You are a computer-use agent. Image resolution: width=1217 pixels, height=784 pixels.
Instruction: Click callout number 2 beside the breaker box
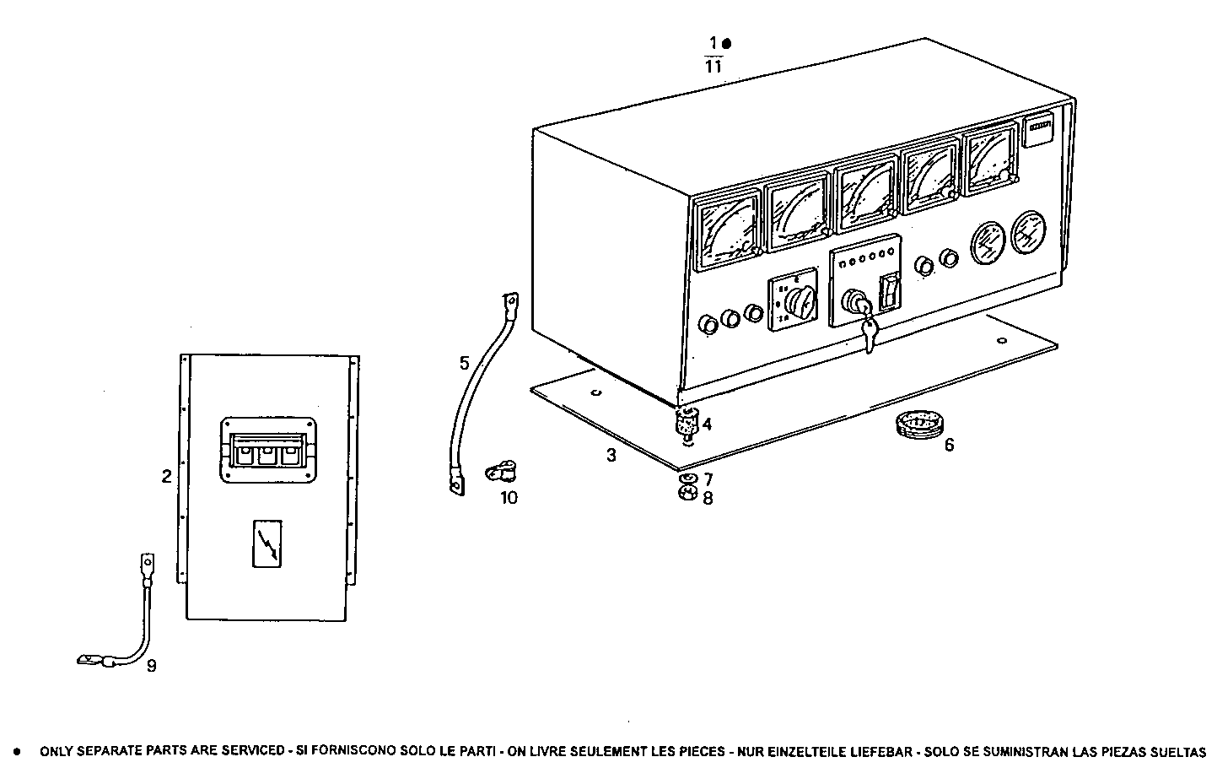point(167,477)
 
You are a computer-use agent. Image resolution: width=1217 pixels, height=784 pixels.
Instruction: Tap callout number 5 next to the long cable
point(464,364)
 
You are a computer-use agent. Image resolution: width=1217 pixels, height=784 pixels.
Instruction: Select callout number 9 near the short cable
point(151,666)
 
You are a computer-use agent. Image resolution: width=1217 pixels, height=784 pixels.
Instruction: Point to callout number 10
point(509,497)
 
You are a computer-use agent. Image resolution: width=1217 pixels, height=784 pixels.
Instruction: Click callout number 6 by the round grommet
point(949,445)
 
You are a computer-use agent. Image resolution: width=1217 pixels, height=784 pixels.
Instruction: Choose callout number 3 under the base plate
point(611,456)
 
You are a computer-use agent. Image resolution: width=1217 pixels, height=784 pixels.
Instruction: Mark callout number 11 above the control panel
point(714,67)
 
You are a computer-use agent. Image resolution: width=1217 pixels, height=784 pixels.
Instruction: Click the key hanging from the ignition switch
point(869,333)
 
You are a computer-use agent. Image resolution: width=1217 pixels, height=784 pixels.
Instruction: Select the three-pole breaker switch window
point(267,451)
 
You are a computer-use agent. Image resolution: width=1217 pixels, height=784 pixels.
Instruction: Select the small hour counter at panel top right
point(1040,132)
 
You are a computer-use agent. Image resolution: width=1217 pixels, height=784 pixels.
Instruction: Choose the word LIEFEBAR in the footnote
point(881,751)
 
